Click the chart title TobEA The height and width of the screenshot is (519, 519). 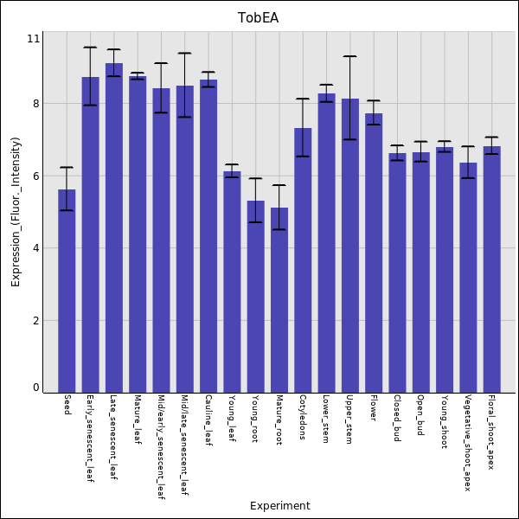259,18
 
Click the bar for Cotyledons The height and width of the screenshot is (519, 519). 303,259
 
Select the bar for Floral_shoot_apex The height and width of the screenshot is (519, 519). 491,268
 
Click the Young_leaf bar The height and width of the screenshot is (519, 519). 232,281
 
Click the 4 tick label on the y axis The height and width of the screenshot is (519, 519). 35,248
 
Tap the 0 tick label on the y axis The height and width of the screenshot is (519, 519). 35,388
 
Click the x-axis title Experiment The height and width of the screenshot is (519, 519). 279,506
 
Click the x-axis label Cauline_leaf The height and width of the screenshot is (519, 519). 208,420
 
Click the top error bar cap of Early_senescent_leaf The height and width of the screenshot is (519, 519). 90,48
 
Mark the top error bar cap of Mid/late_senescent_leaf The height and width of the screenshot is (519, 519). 184,54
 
